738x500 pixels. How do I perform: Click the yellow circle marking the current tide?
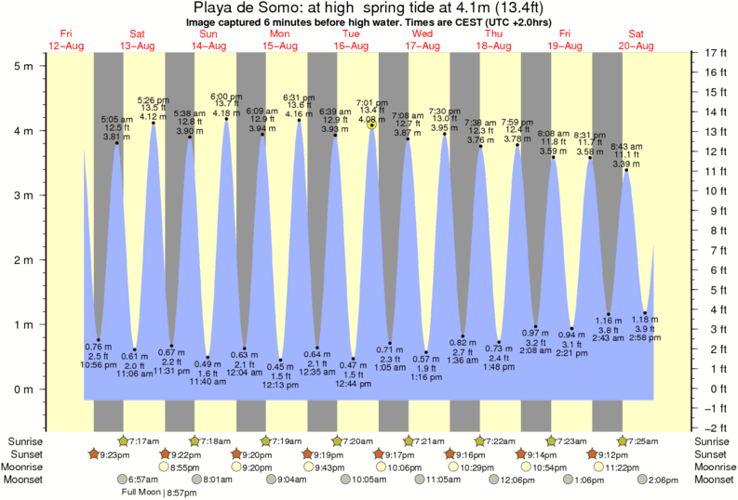point(371,125)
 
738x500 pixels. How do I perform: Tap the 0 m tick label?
point(22,389)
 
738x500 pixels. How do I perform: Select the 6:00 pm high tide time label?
point(225,96)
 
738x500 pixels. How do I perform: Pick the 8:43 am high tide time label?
point(626,147)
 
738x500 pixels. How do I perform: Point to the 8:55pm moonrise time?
point(185,467)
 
